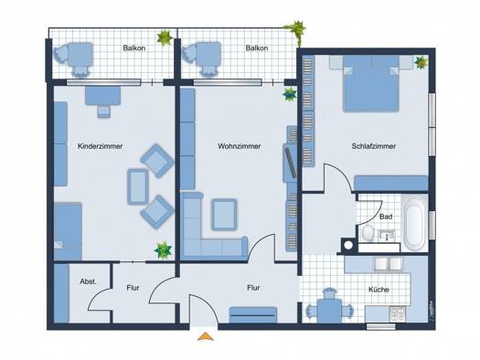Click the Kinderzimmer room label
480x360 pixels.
point(100,146)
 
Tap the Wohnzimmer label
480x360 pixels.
point(239,146)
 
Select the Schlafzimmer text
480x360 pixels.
point(373,146)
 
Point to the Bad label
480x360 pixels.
point(386,217)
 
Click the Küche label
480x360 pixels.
point(379,290)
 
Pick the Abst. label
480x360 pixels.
point(88,281)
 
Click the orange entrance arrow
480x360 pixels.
point(206,336)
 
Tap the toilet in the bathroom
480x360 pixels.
point(368,233)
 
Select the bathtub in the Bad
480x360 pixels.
point(415,223)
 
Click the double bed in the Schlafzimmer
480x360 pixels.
point(371,83)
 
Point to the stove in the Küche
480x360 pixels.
point(398,314)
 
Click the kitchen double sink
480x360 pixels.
point(389,264)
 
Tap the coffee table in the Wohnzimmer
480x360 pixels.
point(224,215)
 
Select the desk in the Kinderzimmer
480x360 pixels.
point(102,96)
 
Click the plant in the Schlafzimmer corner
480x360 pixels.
point(421,62)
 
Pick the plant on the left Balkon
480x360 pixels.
point(165,37)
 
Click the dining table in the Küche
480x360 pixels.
point(329,311)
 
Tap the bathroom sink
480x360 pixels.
point(387,236)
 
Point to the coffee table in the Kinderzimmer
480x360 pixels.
point(138,186)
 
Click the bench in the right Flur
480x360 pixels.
point(253,314)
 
